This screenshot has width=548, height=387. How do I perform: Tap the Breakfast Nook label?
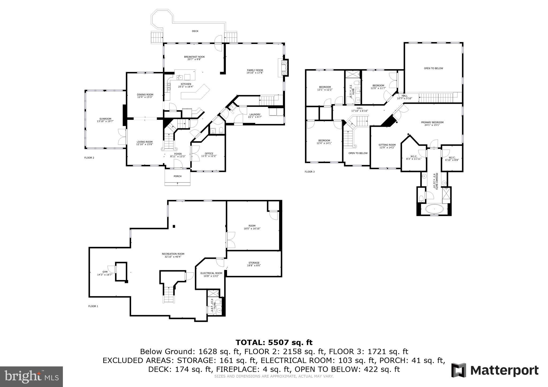point(194,57)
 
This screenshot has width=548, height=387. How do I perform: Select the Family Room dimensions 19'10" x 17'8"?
point(255,73)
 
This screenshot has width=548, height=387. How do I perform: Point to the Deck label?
point(195,31)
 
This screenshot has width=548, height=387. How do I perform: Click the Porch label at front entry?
point(177,176)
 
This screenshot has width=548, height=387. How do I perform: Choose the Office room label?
point(209,154)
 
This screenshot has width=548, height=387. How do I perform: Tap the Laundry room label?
point(255,114)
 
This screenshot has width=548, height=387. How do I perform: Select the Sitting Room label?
point(387,145)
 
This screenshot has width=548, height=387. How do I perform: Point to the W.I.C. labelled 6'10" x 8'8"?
point(452,157)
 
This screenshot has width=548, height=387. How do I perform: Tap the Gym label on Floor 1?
point(105,272)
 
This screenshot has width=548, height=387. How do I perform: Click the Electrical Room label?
point(211,273)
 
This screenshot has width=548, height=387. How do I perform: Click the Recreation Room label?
point(173,254)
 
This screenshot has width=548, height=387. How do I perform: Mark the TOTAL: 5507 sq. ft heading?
point(274,342)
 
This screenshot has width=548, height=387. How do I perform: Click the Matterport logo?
point(495,371)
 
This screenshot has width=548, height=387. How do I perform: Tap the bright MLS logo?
point(32,376)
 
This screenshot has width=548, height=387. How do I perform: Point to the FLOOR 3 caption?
point(310,172)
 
